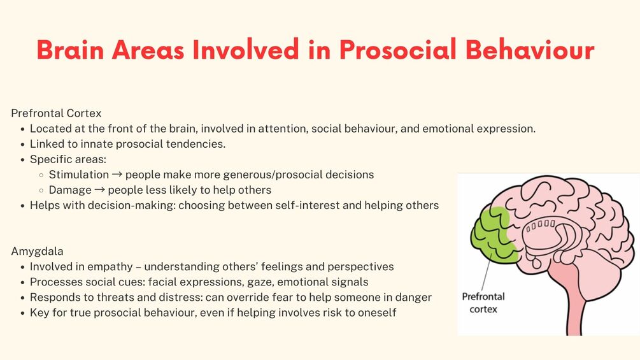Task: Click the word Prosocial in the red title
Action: tap(397, 50)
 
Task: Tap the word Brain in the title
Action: tap(70, 50)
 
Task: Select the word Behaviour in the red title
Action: tap(530, 50)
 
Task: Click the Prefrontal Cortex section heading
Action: tap(56, 113)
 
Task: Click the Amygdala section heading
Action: tap(37, 252)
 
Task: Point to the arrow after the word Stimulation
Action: tap(117, 175)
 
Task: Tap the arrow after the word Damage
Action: tap(99, 191)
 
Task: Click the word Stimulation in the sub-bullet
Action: tap(79, 175)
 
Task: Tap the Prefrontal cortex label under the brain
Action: tap(483, 303)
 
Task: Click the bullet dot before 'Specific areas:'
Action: tap(22, 159)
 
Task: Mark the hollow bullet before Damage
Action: tap(41, 191)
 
